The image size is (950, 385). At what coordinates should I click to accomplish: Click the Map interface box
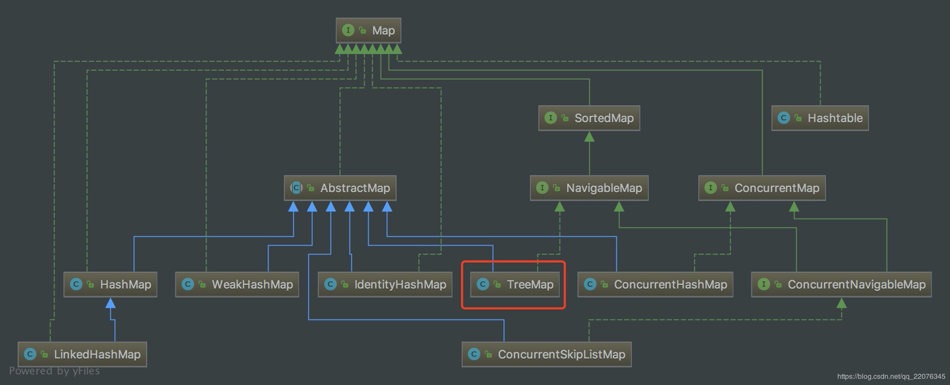pyautogui.click(x=368, y=31)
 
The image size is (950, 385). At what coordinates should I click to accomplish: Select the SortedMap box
pyautogui.click(x=589, y=118)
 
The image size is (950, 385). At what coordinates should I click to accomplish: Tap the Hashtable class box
pyautogui.click(x=820, y=118)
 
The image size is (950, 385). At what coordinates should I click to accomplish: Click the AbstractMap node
pyautogui.click(x=340, y=188)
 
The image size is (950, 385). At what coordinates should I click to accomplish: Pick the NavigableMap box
pyautogui.click(x=589, y=188)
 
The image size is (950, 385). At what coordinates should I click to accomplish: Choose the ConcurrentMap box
pyautogui.click(x=762, y=188)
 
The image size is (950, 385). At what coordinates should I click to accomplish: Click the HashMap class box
pyautogui.click(x=110, y=285)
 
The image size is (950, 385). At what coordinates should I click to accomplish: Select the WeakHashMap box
pyautogui.click(x=237, y=285)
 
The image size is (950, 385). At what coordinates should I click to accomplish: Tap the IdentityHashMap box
pyautogui.click(x=385, y=285)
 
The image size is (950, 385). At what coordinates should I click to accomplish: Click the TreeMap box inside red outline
pyautogui.click(x=514, y=285)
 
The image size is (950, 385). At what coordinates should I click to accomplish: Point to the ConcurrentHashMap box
pyautogui.click(x=655, y=285)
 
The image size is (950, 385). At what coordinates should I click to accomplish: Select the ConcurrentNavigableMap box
pyautogui.click(x=841, y=285)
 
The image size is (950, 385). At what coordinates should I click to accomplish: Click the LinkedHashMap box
pyautogui.click(x=82, y=354)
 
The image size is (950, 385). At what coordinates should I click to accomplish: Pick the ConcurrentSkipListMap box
pyautogui.click(x=546, y=354)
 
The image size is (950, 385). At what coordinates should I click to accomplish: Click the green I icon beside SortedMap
pyautogui.click(x=550, y=118)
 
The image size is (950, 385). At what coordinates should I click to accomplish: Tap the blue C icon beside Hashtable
pyautogui.click(x=783, y=118)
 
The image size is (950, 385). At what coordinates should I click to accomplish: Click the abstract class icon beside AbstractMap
pyautogui.click(x=296, y=188)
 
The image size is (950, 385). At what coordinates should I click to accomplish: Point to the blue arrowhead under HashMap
pyautogui.click(x=110, y=303)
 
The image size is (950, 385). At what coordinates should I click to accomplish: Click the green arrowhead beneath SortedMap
pyautogui.click(x=589, y=137)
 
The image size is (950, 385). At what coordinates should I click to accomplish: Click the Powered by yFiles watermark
pyautogui.click(x=54, y=371)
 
